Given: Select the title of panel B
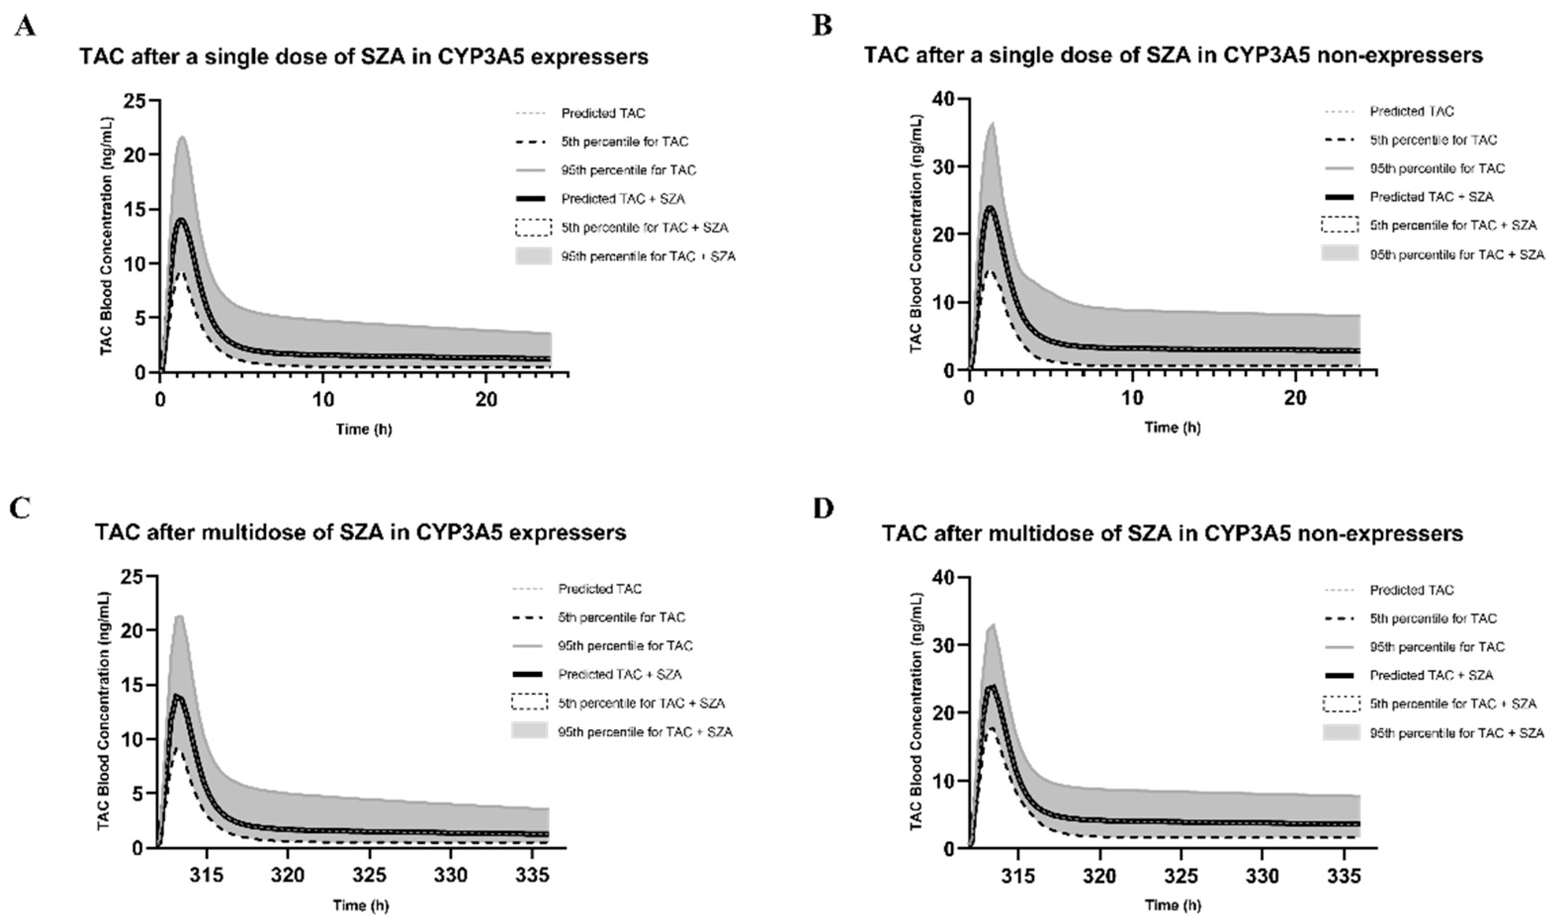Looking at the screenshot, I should pos(1173,55).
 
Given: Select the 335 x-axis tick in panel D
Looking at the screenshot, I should pos(1343,876).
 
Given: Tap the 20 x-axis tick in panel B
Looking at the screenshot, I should pos(1295,398).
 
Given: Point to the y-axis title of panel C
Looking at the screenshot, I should pos(104,711).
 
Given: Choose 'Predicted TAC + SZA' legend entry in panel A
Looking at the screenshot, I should pos(623,199).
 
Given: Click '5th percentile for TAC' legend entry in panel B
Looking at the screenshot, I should pos(1433,140).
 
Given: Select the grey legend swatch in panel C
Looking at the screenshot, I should pos(529,731).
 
